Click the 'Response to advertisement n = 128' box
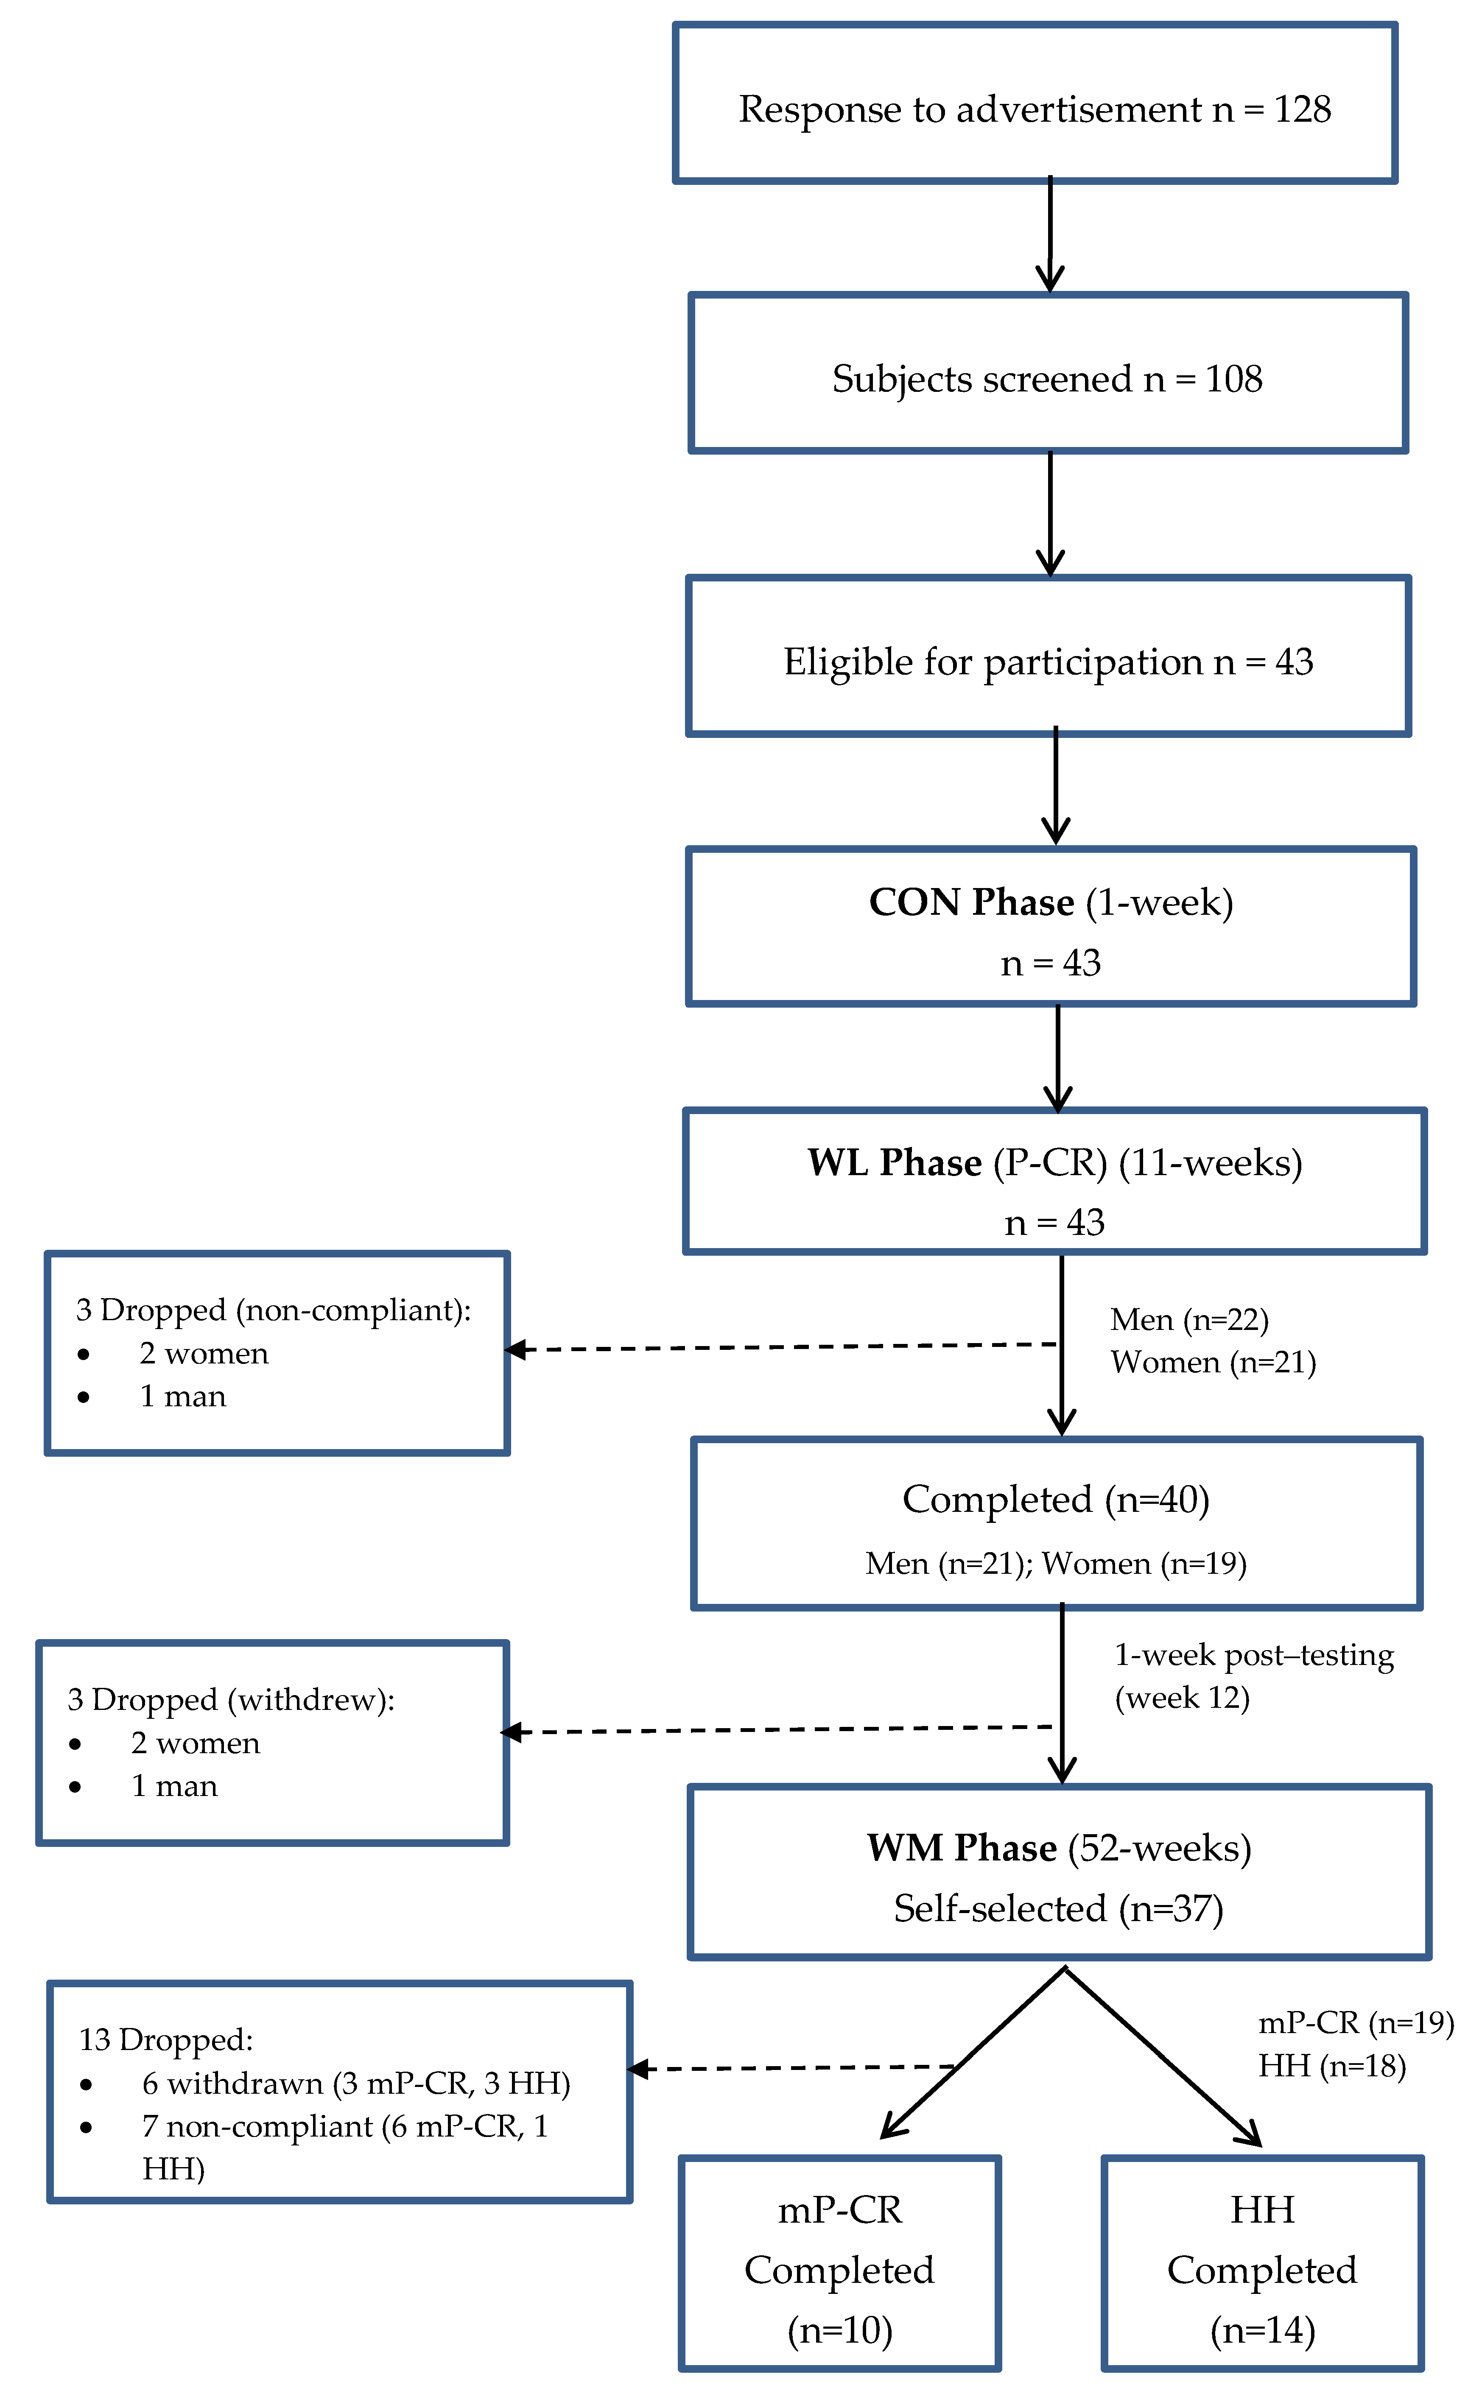(x=1035, y=103)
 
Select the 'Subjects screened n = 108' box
(x=1049, y=373)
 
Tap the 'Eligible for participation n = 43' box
(x=1049, y=656)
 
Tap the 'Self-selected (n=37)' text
(x=1058, y=1908)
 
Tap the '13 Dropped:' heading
(x=166, y=2039)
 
